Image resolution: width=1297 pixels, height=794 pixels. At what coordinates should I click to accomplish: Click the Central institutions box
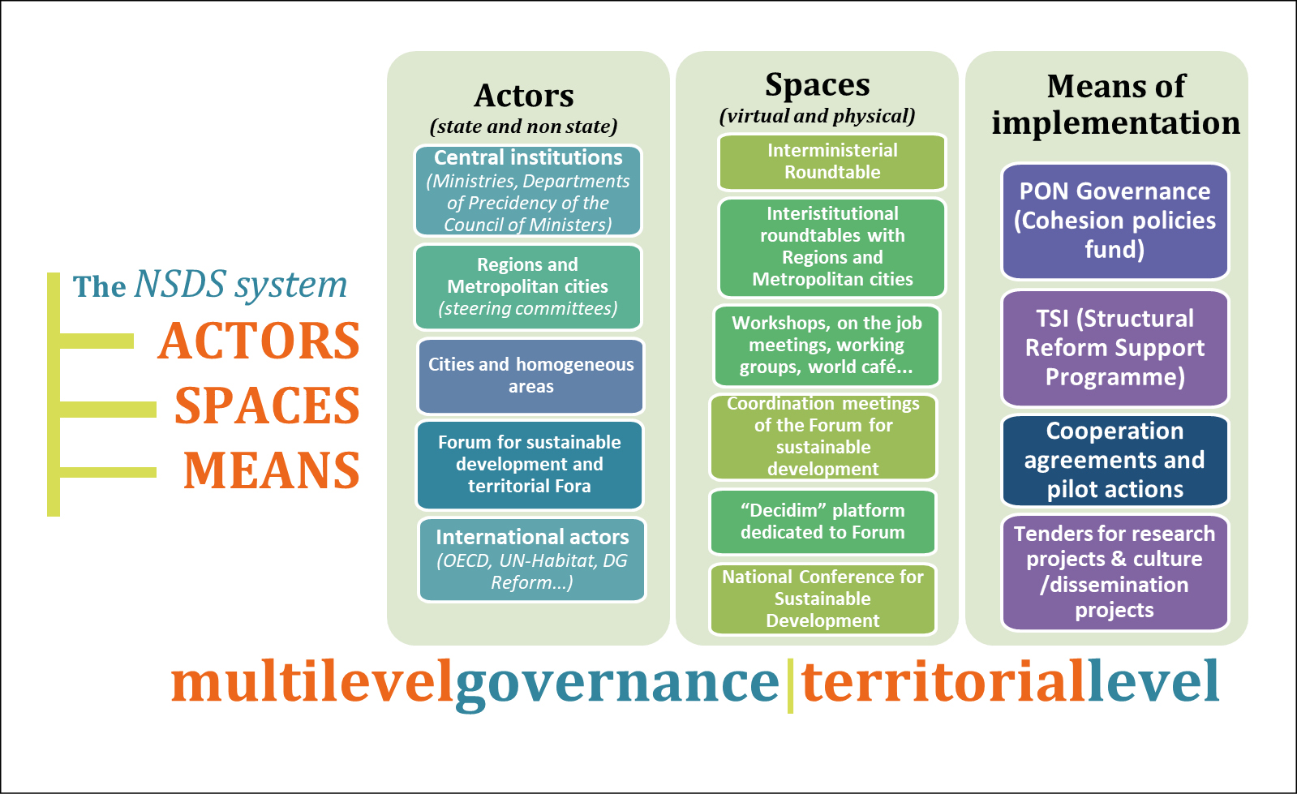pyautogui.click(x=528, y=191)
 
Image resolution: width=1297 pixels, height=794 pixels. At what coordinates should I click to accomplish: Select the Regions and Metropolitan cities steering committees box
pyautogui.click(x=528, y=287)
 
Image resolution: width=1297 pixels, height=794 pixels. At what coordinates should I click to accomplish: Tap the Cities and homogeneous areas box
pyautogui.click(x=531, y=376)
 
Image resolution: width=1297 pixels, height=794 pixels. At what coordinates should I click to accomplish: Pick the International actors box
pyautogui.click(x=532, y=560)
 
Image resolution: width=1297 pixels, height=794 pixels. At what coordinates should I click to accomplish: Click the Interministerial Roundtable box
pyautogui.click(x=832, y=161)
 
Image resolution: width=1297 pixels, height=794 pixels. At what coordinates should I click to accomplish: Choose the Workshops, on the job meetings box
pyautogui.click(x=827, y=345)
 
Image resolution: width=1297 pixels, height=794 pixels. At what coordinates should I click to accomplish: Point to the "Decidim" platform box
pyautogui.click(x=822, y=521)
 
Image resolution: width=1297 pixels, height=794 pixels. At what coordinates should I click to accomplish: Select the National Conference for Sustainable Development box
pyautogui.click(x=822, y=599)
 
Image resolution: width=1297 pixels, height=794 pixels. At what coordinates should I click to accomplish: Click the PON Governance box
pyautogui.click(x=1115, y=221)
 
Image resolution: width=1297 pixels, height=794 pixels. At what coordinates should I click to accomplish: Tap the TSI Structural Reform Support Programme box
pyautogui.click(x=1115, y=348)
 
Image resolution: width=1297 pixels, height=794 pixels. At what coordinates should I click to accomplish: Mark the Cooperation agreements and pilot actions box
pyautogui.click(x=1115, y=460)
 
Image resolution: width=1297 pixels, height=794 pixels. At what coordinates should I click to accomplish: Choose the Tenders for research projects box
pyautogui.click(x=1114, y=572)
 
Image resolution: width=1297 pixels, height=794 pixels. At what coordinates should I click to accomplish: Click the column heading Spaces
pyautogui.click(x=818, y=85)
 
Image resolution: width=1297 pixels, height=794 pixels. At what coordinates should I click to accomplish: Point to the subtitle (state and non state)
pyautogui.click(x=524, y=127)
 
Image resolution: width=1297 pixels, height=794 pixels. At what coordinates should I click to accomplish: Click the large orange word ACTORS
pyautogui.click(x=259, y=341)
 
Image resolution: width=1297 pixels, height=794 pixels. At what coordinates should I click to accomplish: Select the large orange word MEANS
pyautogui.click(x=272, y=470)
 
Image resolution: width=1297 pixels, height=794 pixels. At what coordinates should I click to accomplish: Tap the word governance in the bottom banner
pyautogui.click(x=617, y=683)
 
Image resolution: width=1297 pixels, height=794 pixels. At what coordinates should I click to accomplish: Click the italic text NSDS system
pyautogui.click(x=241, y=285)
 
